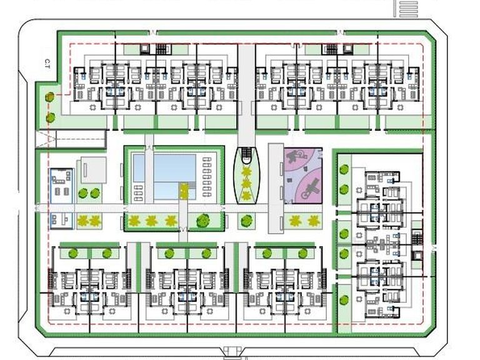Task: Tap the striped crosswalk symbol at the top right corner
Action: coord(407,8)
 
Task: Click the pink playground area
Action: coord(303,175)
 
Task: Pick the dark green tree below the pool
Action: coord(202,220)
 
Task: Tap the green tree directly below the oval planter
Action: coord(247,220)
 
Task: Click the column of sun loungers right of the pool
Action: coord(207,177)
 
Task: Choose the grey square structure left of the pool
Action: coord(92,170)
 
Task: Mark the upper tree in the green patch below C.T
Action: coord(50,97)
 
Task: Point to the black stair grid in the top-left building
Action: coord(162,49)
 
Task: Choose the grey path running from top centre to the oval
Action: coord(246,94)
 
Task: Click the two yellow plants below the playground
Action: coord(303,220)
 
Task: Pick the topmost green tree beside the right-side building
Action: coord(343,169)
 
